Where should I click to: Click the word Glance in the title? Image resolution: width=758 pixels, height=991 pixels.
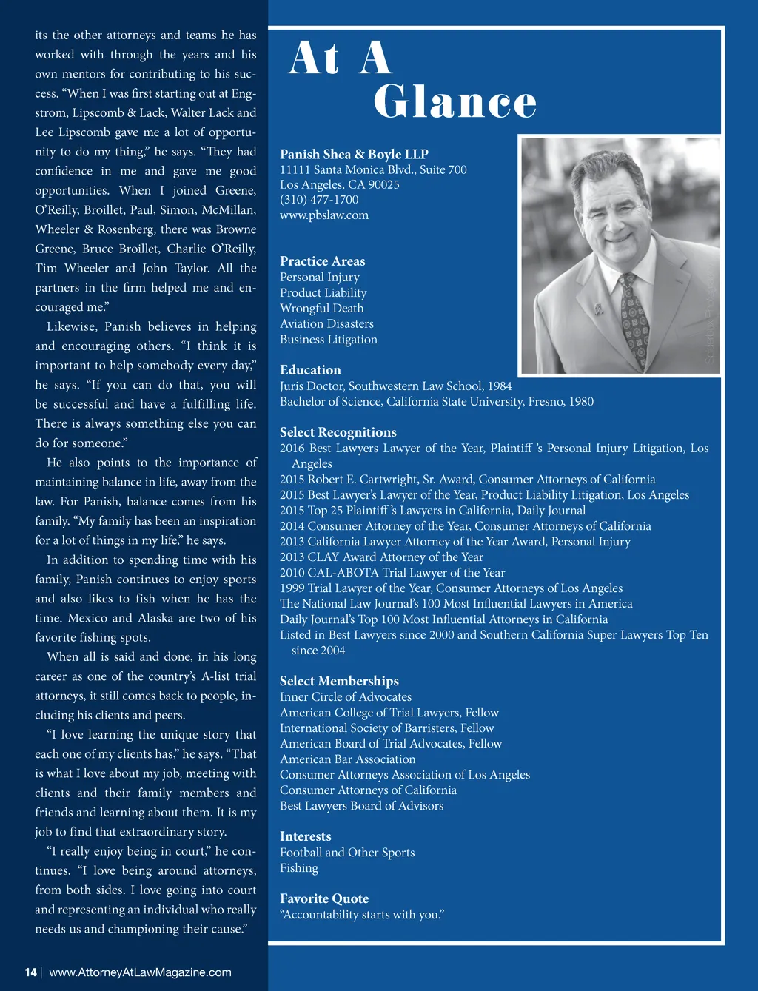coord(455,102)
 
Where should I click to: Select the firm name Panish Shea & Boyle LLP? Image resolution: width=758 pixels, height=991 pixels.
coord(354,154)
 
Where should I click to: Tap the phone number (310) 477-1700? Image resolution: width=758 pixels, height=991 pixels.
coord(319,200)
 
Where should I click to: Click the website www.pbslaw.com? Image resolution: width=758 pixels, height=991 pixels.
coord(323,215)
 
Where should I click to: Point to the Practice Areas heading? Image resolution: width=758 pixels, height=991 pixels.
coord(322,261)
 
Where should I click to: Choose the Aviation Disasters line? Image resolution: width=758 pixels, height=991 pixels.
coord(326,324)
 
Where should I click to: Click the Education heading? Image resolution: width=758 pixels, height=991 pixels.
coord(310,370)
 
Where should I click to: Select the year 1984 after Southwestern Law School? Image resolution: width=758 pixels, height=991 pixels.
coord(500,386)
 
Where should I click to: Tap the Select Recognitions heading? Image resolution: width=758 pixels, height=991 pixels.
coord(338,432)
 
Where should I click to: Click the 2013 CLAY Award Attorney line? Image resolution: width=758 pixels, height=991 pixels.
coord(381,557)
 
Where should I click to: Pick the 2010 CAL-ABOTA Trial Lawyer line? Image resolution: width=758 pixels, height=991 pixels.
coord(392,573)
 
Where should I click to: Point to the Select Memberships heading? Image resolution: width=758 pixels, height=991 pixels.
coord(339,681)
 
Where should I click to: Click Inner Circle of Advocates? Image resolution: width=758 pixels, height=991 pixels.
coord(346,697)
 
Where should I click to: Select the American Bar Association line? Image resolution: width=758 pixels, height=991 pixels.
coord(347,759)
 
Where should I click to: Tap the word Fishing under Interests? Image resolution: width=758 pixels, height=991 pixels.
coord(299,868)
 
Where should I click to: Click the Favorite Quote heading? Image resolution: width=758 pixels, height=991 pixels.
coord(323,898)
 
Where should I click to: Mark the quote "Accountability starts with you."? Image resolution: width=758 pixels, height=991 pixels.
coord(362,915)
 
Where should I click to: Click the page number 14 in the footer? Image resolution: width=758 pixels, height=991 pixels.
coord(30,972)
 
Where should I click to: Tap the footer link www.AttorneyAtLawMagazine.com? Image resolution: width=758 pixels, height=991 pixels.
coord(140,972)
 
